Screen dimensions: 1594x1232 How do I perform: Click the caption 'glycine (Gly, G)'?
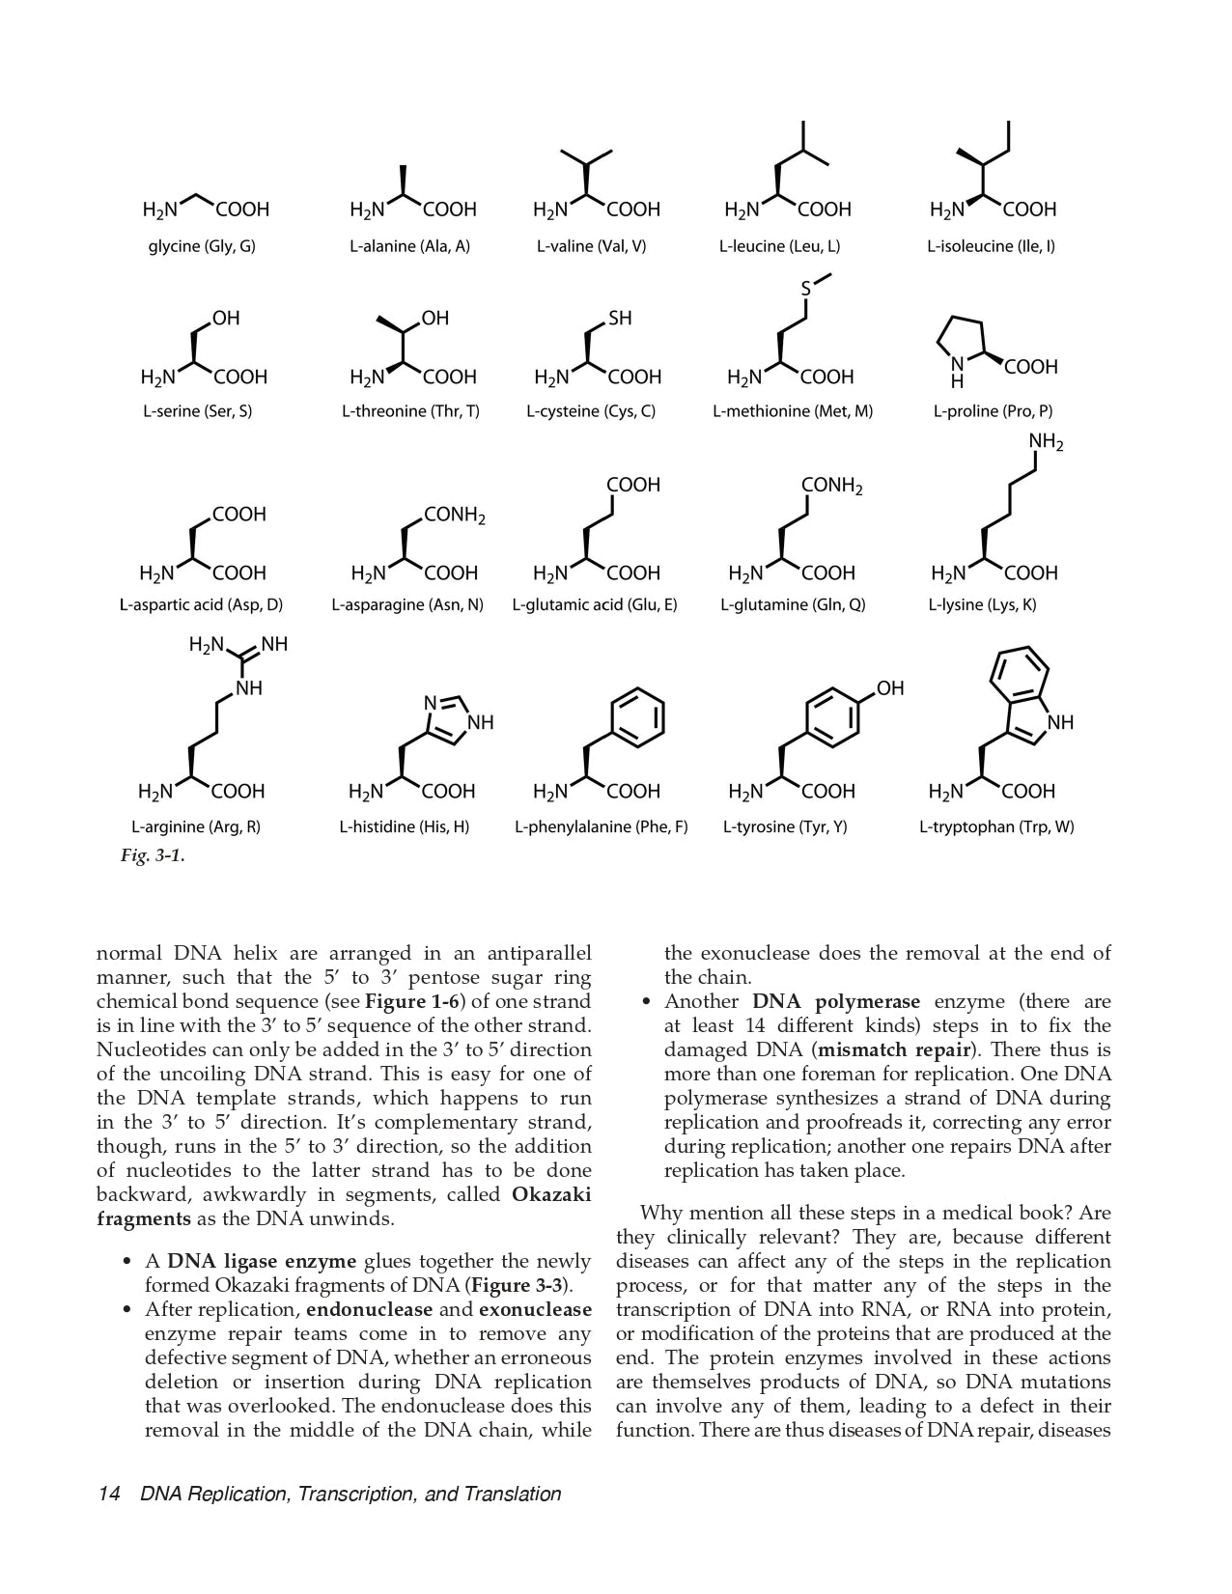click(x=202, y=246)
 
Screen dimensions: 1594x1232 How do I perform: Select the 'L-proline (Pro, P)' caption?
click(x=993, y=411)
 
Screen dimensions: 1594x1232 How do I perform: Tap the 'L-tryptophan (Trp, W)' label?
click(x=995, y=827)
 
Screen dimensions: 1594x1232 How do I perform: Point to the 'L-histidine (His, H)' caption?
click(x=404, y=827)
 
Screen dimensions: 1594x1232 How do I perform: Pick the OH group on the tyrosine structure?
click(x=890, y=688)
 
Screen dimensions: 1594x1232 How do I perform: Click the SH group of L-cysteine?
click(x=620, y=319)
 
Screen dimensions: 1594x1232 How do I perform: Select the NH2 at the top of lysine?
click(x=1046, y=443)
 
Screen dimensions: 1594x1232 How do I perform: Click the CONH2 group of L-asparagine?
click(x=454, y=516)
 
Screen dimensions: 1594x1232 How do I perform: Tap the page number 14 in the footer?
click(x=108, y=1495)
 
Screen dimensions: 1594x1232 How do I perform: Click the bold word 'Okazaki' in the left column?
click(x=550, y=1194)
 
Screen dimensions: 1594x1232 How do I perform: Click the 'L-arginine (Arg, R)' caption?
click(x=196, y=827)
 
